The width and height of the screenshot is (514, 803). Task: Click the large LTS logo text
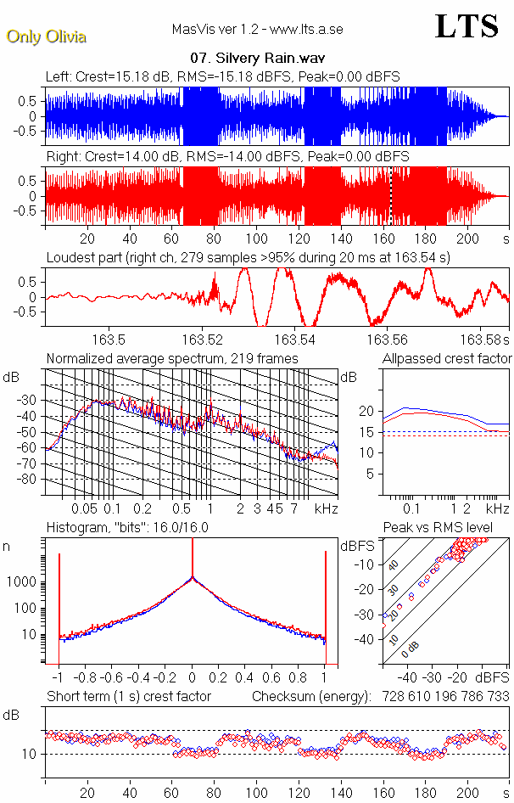[466, 26]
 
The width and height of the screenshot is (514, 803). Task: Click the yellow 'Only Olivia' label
[46, 36]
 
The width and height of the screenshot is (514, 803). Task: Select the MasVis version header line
[257, 30]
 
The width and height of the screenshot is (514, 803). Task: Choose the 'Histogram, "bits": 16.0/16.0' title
[127, 527]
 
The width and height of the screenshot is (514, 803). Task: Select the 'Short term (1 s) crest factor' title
[128, 696]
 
